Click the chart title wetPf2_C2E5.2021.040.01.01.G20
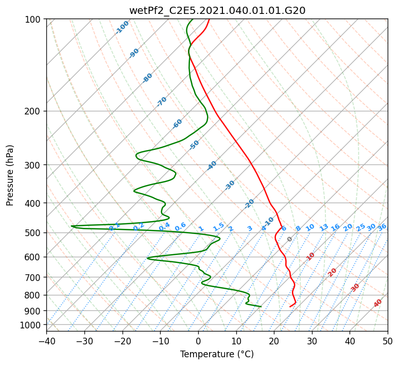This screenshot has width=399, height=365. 217,10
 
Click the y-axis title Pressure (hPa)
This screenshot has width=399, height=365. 10,175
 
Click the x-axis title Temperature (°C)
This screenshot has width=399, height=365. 217,354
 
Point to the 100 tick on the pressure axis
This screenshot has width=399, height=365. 33,20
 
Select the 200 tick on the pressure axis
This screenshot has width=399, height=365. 33,111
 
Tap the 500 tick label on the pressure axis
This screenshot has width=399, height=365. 33,233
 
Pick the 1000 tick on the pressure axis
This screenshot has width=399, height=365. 31,325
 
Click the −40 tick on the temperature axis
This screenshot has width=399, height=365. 46,341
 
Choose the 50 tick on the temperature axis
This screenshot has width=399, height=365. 388,341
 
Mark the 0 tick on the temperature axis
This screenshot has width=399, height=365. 198,341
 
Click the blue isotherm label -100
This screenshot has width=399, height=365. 122,27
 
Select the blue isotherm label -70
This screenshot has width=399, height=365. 162,102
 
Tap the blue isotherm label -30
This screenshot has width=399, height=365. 230,185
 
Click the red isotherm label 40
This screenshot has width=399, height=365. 378,303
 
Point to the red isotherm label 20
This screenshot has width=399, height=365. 332,272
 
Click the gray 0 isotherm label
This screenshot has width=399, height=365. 289,239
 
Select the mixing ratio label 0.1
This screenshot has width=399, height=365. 114,226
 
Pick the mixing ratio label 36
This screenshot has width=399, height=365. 382,227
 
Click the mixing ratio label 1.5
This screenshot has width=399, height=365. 218,226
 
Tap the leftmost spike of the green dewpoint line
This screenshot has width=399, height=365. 72,226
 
